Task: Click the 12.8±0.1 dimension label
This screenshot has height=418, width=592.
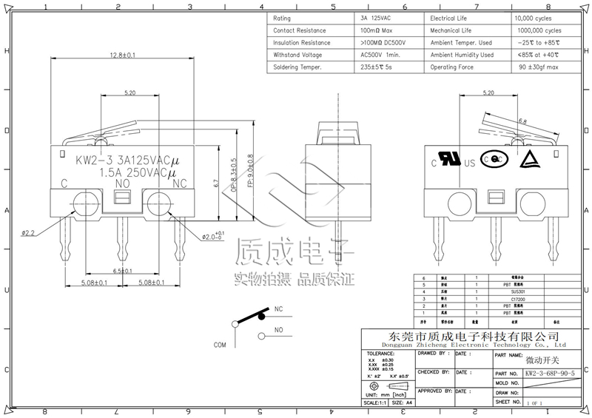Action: (x=122, y=55)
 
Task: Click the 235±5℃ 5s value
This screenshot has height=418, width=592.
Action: (x=377, y=67)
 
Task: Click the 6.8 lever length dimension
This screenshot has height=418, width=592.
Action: (x=522, y=120)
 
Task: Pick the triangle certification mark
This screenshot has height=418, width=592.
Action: (x=528, y=158)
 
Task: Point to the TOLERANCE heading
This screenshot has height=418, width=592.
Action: (x=382, y=354)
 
